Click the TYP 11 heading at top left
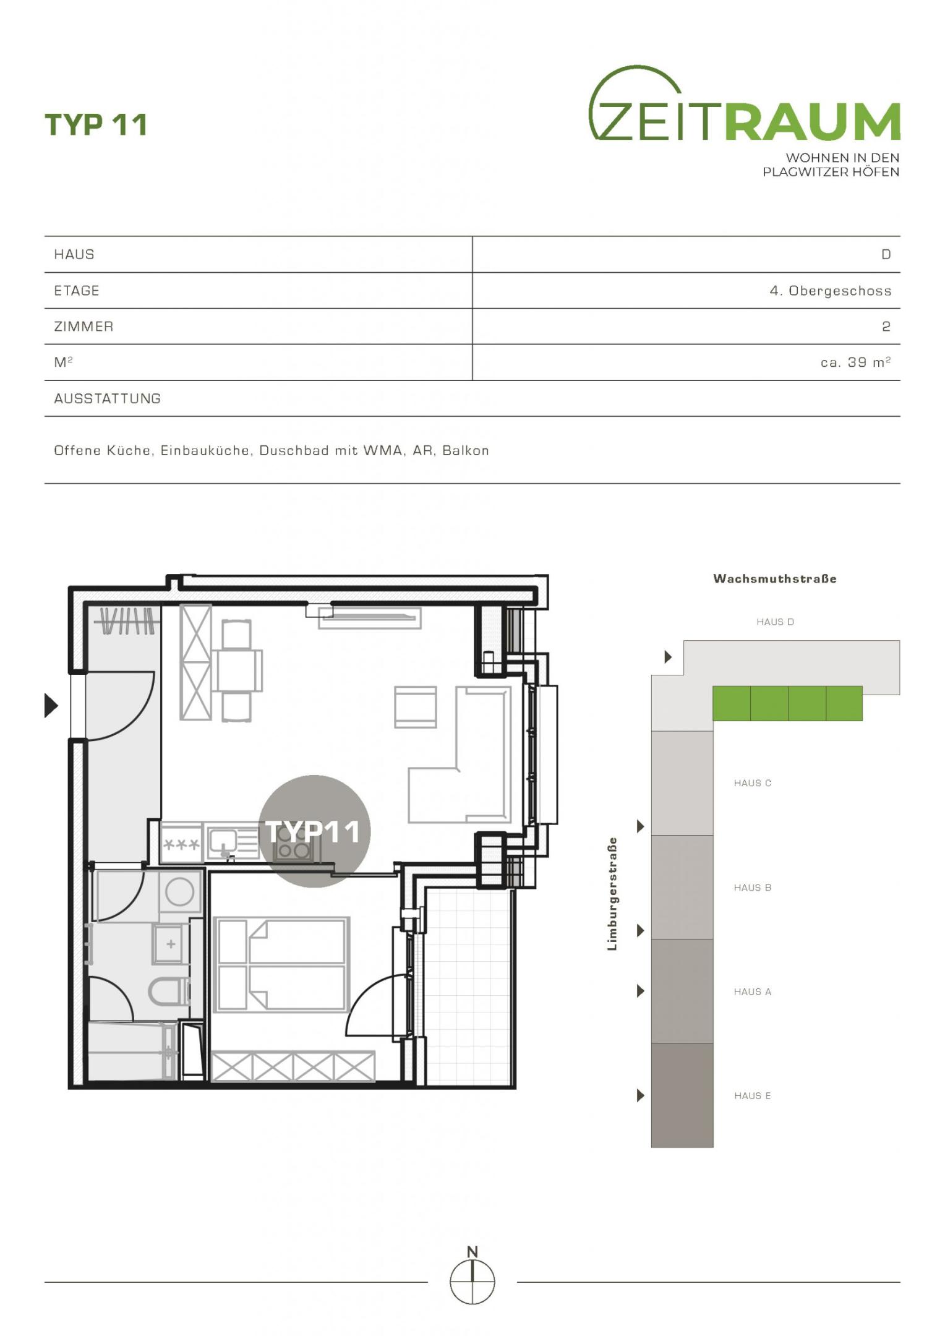96,124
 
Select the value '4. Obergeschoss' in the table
830,291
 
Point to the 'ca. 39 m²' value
855,362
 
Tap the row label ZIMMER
83,327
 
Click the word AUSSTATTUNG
107,398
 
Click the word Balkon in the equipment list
466,450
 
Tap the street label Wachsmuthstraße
775,579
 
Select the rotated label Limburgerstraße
612,894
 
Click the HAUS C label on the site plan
753,783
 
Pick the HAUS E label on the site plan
753,1095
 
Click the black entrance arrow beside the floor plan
51,705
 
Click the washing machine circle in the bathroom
180,891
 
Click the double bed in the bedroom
281,964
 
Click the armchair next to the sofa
416,707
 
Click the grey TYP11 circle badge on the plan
314,831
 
